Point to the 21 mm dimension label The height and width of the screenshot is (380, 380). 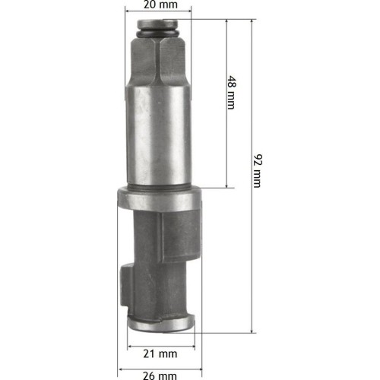(160, 353)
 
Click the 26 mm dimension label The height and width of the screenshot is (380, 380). (160, 375)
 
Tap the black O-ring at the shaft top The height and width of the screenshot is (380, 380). (160, 35)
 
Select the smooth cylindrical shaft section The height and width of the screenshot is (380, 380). (160, 137)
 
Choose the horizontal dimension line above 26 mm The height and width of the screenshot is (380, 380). (160, 365)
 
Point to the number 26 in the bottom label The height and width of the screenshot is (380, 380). (149, 375)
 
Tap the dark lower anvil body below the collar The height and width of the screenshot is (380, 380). (163, 258)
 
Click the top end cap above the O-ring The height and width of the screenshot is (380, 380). (160, 24)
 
